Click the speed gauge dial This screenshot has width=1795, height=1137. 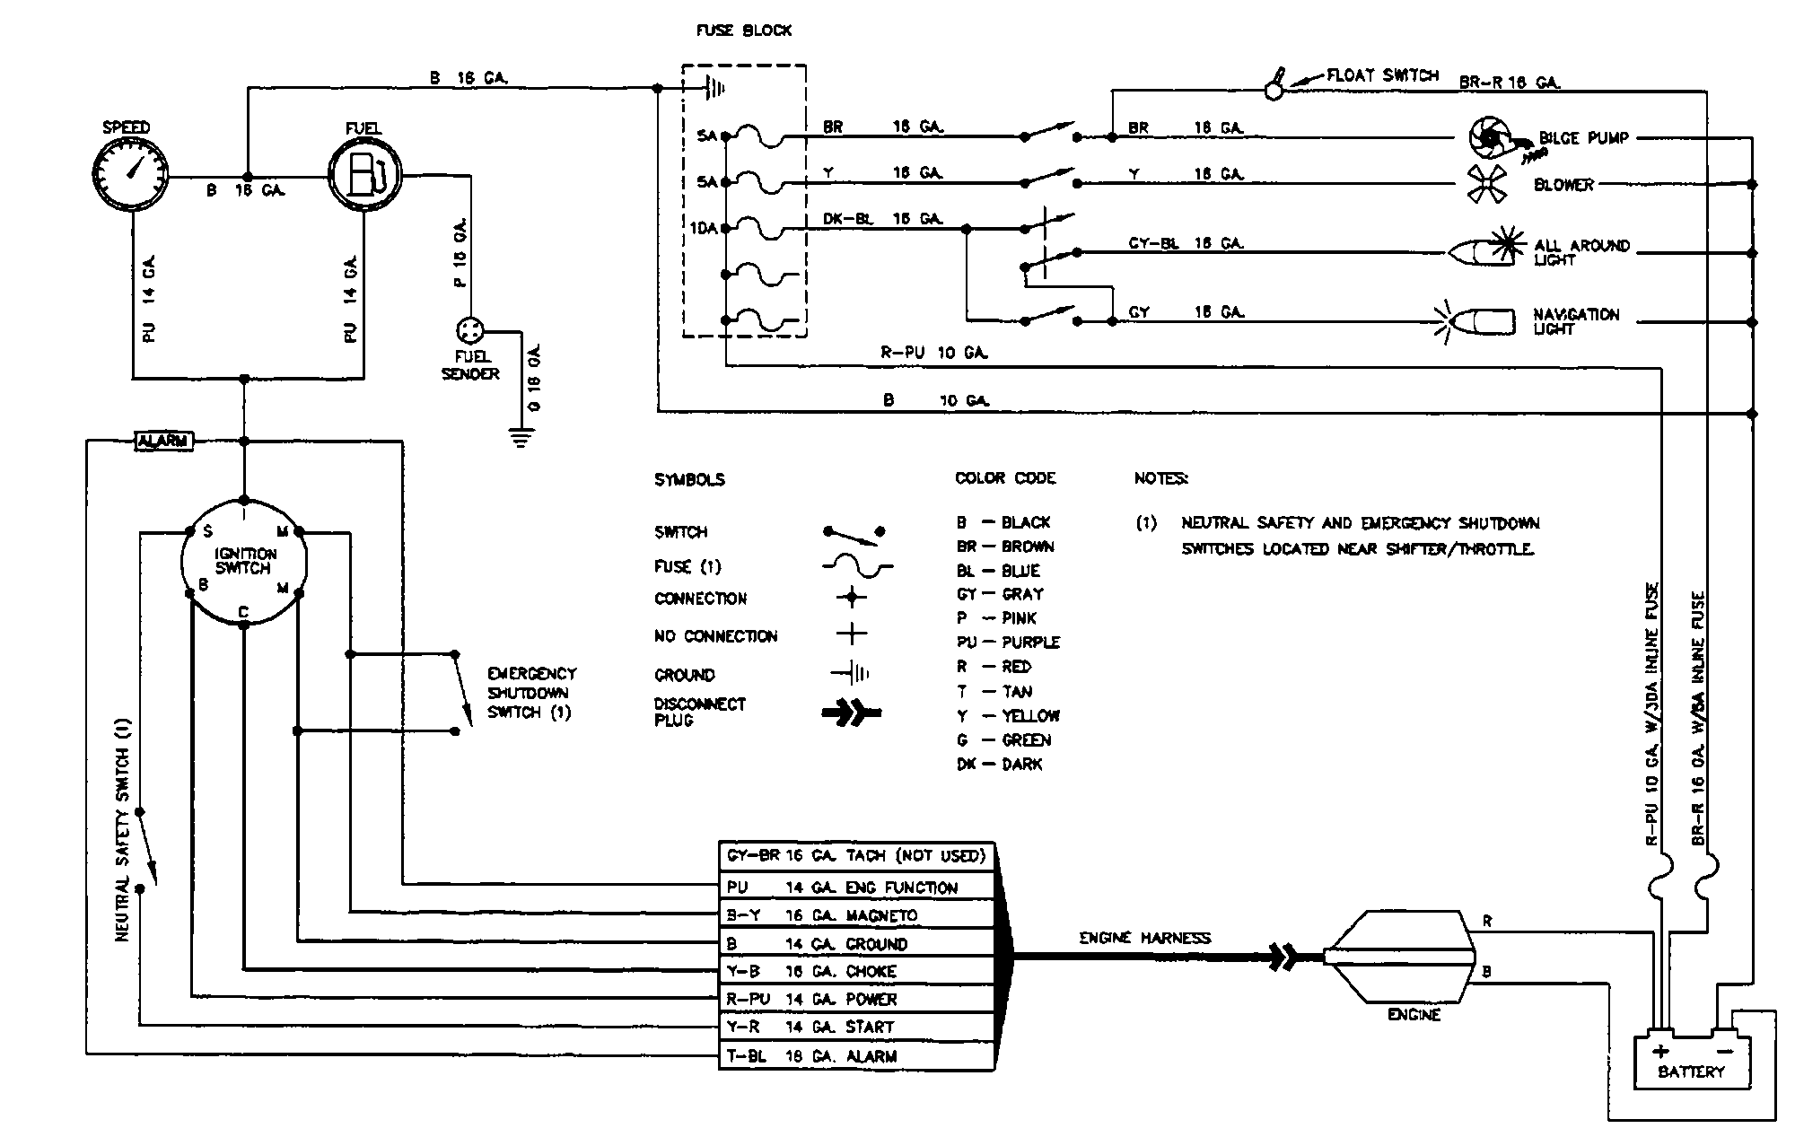(131, 175)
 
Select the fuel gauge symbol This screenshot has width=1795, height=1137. (363, 175)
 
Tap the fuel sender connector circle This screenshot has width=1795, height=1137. (469, 328)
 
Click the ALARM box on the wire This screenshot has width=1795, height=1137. (162, 441)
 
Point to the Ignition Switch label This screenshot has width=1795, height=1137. (244, 561)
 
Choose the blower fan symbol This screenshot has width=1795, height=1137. (1485, 184)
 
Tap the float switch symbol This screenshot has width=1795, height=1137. (1274, 84)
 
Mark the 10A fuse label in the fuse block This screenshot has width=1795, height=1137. (703, 228)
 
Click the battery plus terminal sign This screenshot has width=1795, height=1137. (1661, 1051)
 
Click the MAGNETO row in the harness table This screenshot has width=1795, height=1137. (856, 915)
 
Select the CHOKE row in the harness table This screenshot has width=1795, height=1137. (856, 971)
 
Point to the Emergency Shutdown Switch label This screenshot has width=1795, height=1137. (530, 693)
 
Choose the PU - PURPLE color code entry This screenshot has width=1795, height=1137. (1008, 643)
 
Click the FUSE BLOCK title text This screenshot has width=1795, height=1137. (744, 31)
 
